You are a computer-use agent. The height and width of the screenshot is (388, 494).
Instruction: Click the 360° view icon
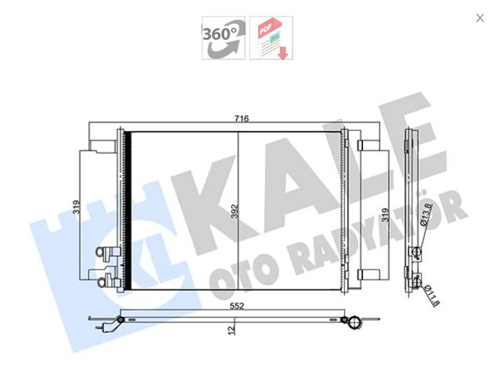(223, 38)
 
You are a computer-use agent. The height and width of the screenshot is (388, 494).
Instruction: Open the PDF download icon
(271, 38)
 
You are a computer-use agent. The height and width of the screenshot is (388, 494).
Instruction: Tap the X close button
(480, 18)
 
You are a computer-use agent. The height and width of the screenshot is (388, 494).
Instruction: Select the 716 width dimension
(241, 119)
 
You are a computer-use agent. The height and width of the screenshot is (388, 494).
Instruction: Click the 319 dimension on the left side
(77, 207)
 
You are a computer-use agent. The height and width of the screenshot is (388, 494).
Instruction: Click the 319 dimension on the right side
(386, 216)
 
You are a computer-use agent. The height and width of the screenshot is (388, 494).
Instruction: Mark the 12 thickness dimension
(233, 329)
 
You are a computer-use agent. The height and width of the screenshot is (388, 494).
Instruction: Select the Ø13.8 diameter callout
(426, 215)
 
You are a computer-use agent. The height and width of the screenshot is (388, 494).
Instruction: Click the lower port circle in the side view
(416, 280)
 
